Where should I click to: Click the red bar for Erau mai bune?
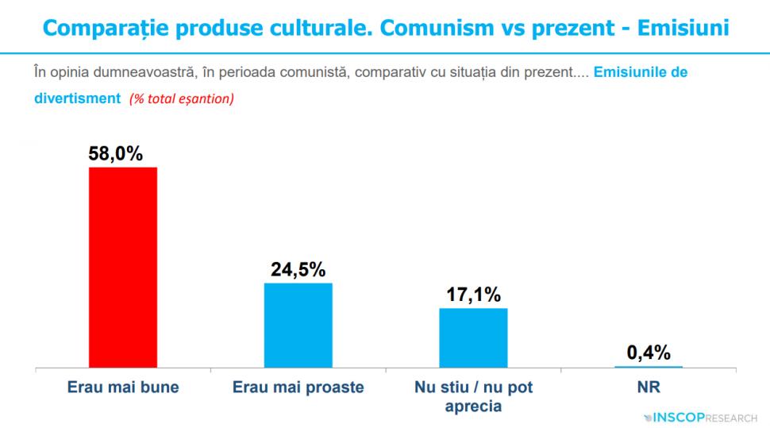click(x=122, y=268)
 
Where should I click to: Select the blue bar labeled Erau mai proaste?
click(x=298, y=326)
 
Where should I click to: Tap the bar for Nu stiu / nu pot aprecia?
click(x=473, y=338)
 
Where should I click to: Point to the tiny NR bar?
click(x=649, y=367)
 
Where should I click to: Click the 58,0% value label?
click(x=116, y=153)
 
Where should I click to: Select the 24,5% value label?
click(x=298, y=269)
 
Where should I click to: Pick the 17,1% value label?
click(x=473, y=295)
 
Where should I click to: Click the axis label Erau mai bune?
click(x=122, y=388)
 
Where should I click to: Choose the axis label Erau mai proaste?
click(x=298, y=388)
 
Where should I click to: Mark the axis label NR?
click(x=649, y=388)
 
